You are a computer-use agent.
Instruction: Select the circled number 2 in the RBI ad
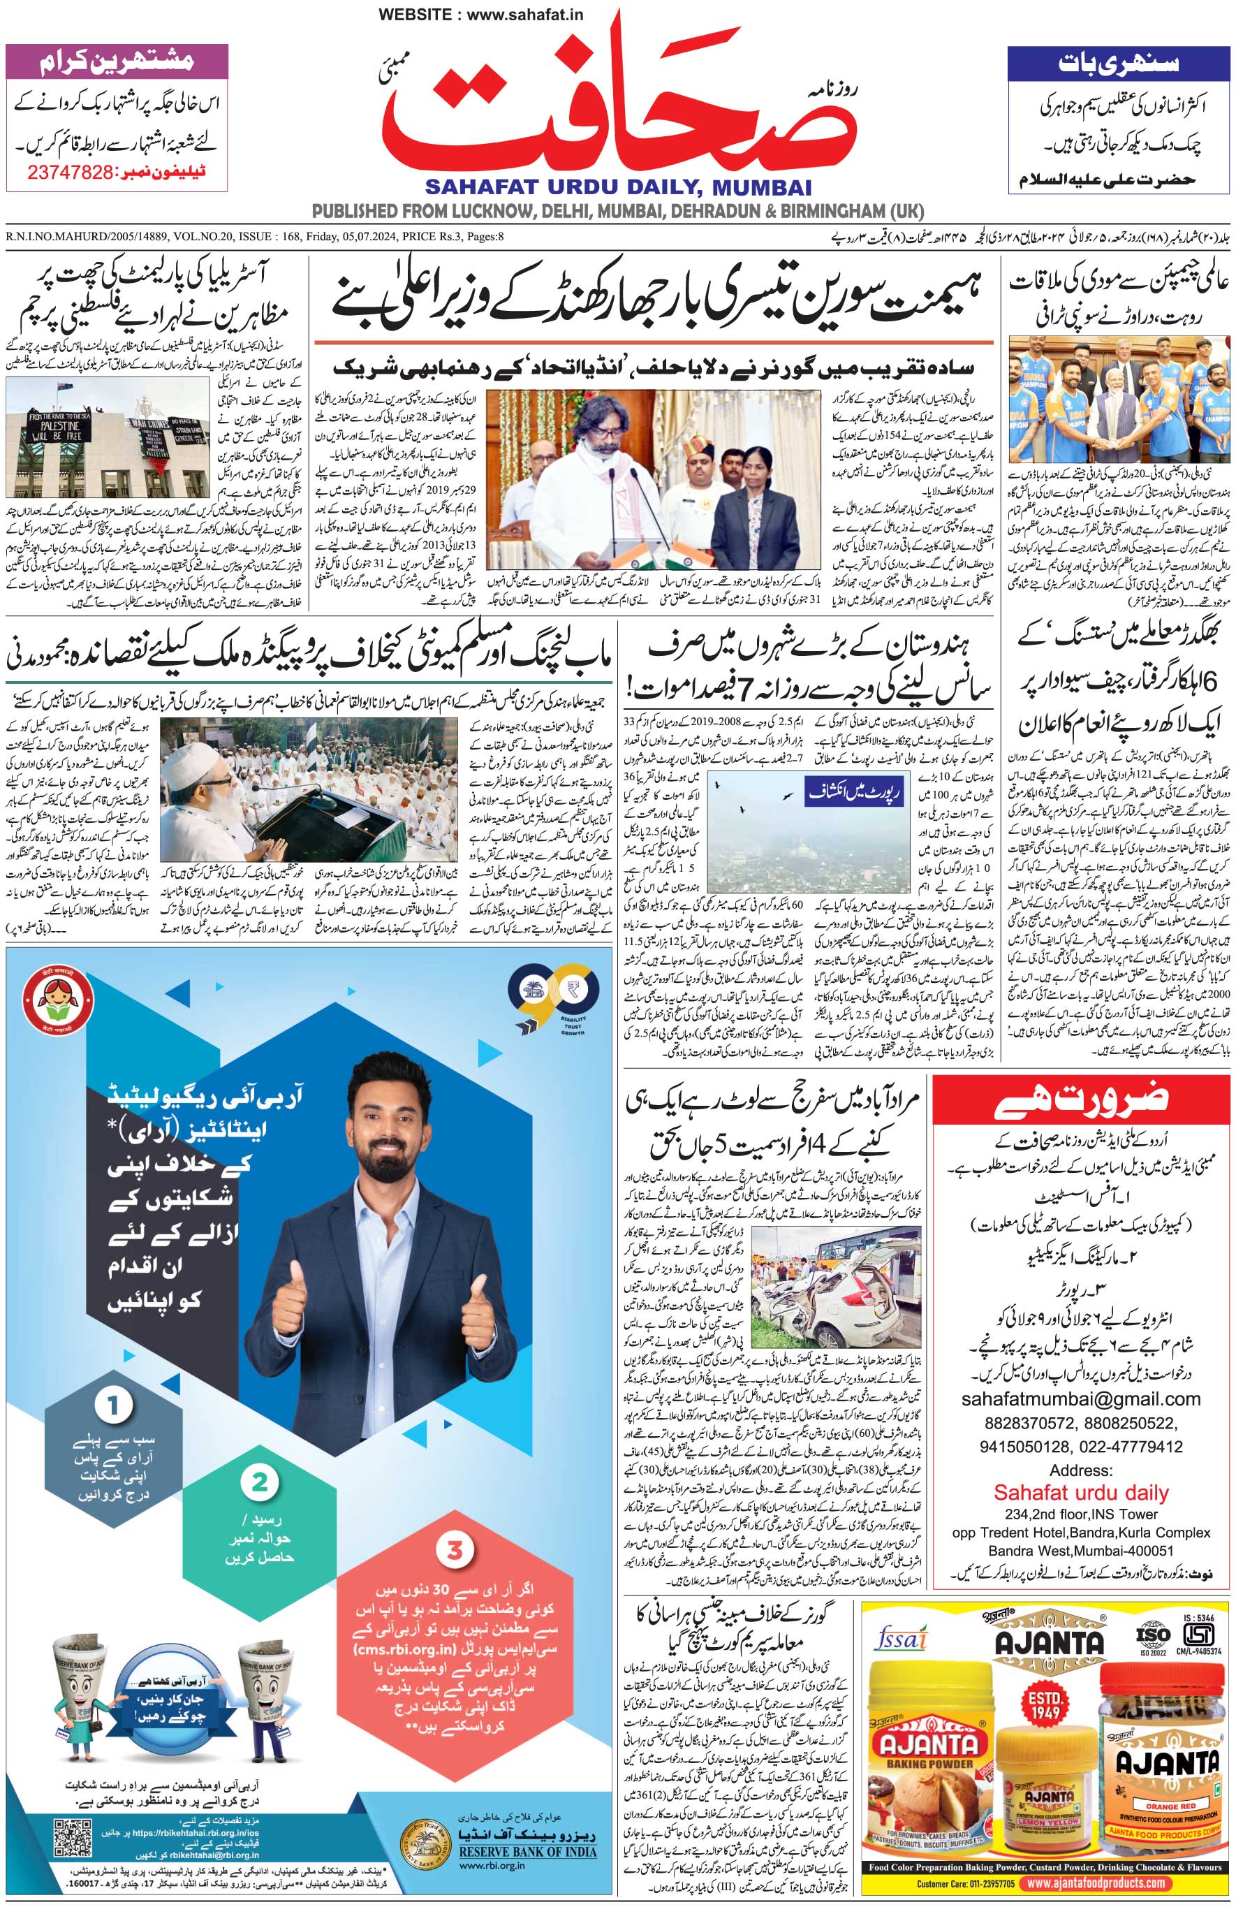[260, 1482]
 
